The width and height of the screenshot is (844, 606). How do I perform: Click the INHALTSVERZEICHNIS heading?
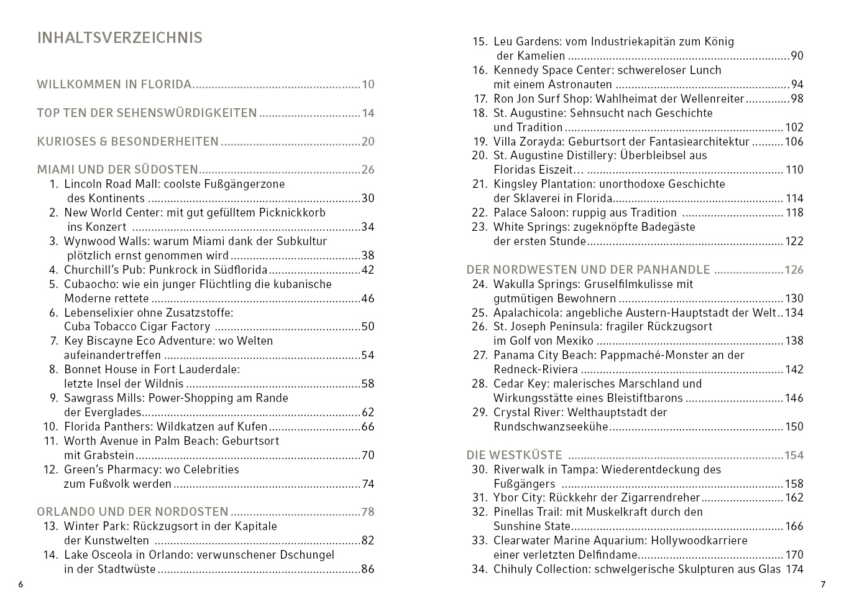pyautogui.click(x=120, y=38)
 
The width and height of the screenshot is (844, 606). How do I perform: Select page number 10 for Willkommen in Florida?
pyautogui.click(x=368, y=85)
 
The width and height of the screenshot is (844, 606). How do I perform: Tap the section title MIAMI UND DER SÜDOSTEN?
pyautogui.click(x=117, y=170)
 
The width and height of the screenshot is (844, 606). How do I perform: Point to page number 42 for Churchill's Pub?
pyautogui.click(x=368, y=270)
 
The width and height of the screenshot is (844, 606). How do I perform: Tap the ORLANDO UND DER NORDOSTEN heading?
pyautogui.click(x=132, y=512)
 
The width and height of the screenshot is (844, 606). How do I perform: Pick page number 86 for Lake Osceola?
pyautogui.click(x=368, y=569)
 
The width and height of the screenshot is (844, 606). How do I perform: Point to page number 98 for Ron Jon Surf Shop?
pyautogui.click(x=797, y=99)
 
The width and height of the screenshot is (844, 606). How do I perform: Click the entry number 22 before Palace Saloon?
pyautogui.click(x=480, y=213)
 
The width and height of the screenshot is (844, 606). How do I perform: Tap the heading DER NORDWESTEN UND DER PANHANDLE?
pyautogui.click(x=588, y=270)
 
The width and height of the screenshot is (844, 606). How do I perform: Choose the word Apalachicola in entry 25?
pyautogui.click(x=528, y=313)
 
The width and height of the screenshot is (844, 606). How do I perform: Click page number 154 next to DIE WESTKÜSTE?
pyautogui.click(x=794, y=455)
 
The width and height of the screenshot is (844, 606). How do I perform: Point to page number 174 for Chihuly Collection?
pyautogui.click(x=794, y=569)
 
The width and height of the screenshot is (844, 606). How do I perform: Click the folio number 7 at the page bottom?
pyautogui.click(x=823, y=585)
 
